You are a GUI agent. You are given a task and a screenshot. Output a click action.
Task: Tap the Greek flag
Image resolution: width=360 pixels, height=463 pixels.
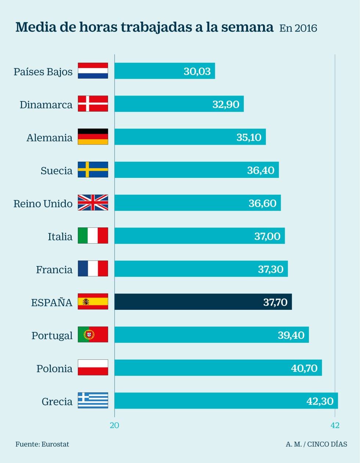(x=93, y=401)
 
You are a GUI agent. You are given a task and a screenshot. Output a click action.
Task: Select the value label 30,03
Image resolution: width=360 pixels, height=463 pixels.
(x=197, y=71)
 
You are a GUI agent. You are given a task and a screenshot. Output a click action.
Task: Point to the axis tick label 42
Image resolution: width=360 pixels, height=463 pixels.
(x=335, y=425)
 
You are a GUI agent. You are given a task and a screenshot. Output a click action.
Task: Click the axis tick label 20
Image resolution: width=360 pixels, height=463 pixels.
(x=115, y=425)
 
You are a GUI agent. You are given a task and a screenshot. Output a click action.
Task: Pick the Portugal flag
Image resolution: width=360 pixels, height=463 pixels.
(x=93, y=334)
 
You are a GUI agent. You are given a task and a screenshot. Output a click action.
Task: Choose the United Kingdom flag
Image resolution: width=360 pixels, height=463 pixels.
(x=93, y=202)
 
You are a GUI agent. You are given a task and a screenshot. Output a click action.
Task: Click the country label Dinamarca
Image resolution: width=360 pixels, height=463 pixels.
(x=46, y=105)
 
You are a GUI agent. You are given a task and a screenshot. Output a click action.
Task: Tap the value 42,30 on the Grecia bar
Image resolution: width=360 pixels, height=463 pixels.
(x=320, y=401)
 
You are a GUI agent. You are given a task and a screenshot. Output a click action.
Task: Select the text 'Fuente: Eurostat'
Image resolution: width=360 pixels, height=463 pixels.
(x=42, y=444)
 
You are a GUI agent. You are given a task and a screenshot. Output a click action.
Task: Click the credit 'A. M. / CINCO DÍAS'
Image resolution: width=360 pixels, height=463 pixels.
(x=316, y=444)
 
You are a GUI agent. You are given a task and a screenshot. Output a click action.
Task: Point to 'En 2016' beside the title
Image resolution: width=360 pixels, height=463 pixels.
(x=298, y=28)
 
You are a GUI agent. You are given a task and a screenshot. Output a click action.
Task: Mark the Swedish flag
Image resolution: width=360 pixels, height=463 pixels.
(x=93, y=170)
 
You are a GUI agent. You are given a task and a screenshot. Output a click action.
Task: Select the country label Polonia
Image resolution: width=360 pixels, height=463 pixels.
(x=54, y=369)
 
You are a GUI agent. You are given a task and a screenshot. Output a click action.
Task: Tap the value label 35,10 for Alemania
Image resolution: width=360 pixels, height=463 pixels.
(x=249, y=137)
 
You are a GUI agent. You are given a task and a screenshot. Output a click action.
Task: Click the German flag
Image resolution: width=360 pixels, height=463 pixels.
(x=93, y=137)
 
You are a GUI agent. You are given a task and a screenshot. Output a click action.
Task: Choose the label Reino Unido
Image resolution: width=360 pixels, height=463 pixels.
(x=43, y=204)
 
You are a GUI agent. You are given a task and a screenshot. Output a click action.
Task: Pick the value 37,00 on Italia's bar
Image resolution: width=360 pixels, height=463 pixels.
(x=267, y=236)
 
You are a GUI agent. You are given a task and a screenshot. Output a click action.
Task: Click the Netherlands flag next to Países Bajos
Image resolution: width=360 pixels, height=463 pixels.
(x=93, y=71)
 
